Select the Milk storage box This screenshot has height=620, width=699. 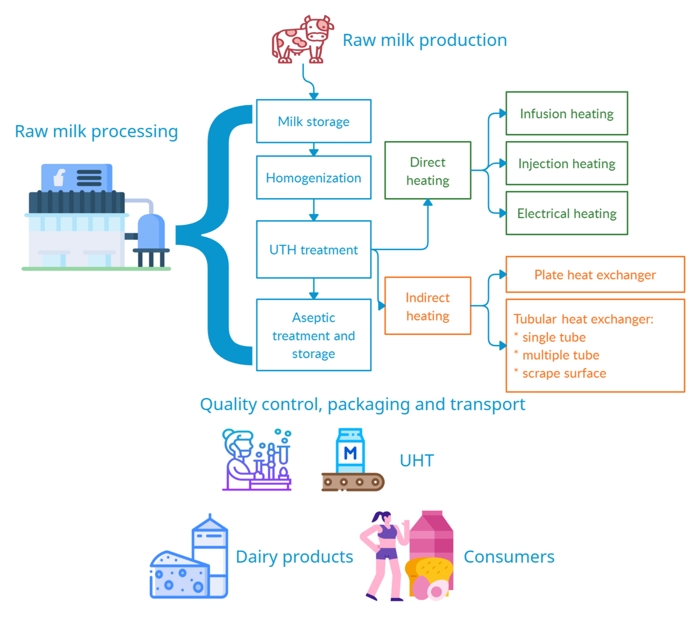[x=313, y=121]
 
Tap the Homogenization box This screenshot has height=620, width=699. [x=313, y=178]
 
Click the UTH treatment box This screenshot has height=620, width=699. [x=313, y=249]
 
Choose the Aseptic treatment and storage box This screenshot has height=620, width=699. [x=313, y=335]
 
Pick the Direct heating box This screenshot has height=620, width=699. [x=428, y=171]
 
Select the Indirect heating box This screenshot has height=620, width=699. [x=428, y=306]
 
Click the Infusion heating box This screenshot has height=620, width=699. [x=566, y=114]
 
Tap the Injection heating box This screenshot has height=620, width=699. [x=566, y=164]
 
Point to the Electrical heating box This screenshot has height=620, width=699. [x=566, y=213]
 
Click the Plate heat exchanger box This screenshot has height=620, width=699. [x=595, y=274]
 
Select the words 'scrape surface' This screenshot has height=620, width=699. [x=564, y=374]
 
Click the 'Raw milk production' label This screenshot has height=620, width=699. [x=425, y=40]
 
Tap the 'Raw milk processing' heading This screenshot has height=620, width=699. [x=96, y=132]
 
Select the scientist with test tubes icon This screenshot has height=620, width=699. [x=256, y=460]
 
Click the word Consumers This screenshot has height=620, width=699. [x=509, y=557]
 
